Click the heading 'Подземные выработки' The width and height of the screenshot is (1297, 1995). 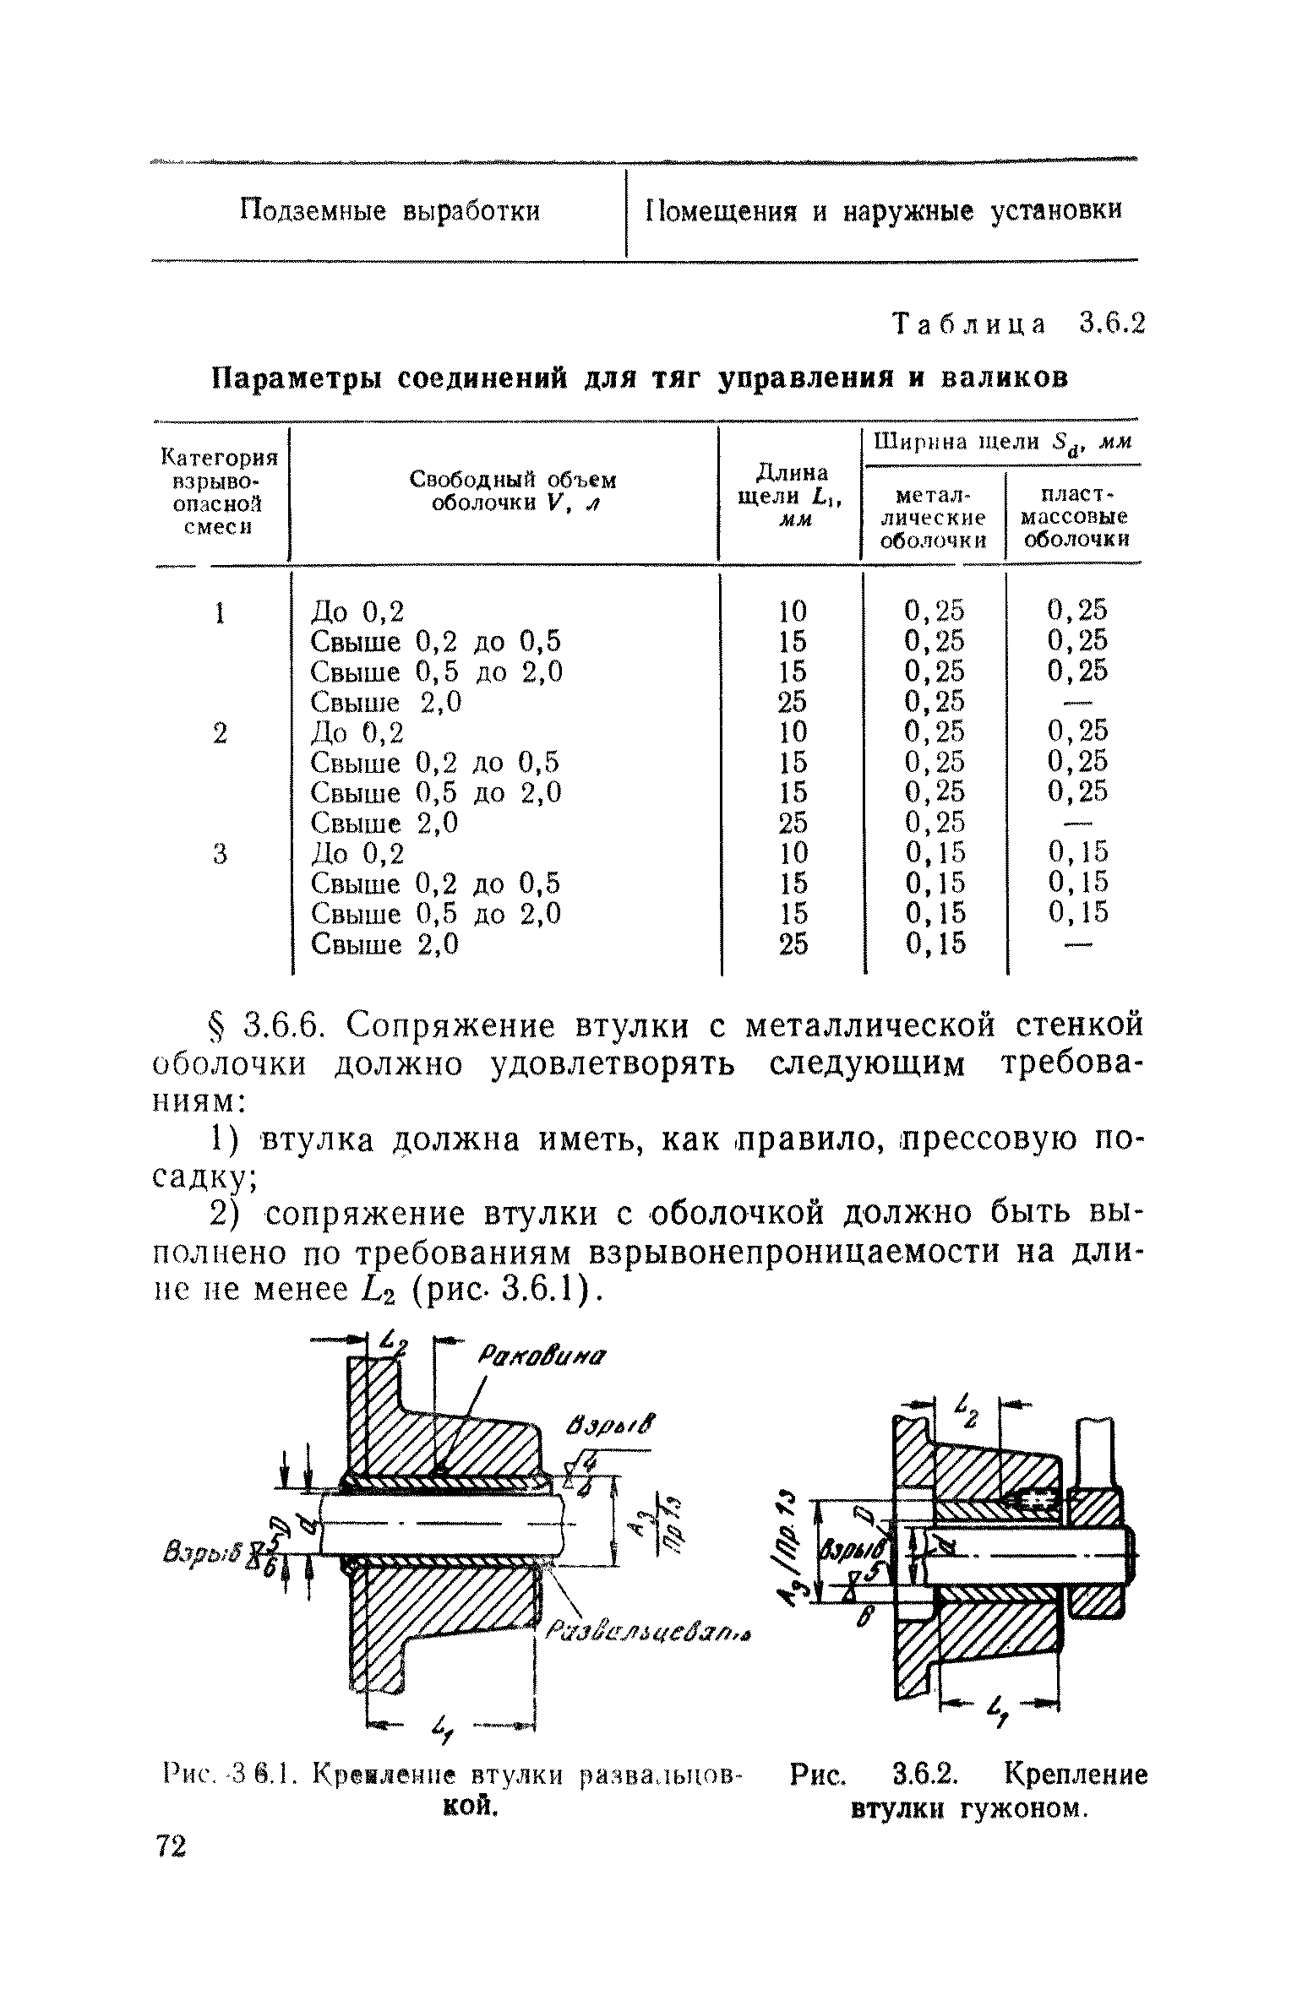click(390, 210)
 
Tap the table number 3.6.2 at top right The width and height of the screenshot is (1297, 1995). click(1110, 323)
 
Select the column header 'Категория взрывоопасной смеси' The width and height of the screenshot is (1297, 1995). click(219, 492)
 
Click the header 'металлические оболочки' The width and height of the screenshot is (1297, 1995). click(933, 516)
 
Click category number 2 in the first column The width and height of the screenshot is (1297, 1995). click(220, 732)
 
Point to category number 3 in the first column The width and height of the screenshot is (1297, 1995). click(220, 853)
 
